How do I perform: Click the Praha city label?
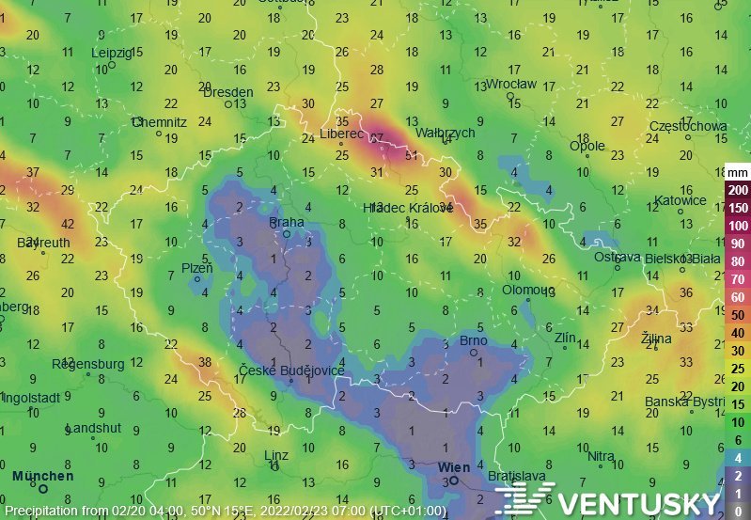coord(287,223)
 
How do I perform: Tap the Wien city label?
coord(454,466)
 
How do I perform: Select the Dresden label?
coord(228,92)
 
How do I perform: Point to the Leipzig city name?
coord(112,53)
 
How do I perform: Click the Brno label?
coord(472,340)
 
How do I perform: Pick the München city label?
coord(43,476)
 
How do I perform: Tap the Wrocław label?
coord(510,84)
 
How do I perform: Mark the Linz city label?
coord(276,455)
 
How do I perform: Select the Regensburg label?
coord(89,363)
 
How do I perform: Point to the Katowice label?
coord(681,200)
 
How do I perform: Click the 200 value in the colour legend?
coord(738,190)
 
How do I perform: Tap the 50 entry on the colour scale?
coord(738,314)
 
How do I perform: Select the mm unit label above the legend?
coord(738,173)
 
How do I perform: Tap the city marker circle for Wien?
coord(454,481)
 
